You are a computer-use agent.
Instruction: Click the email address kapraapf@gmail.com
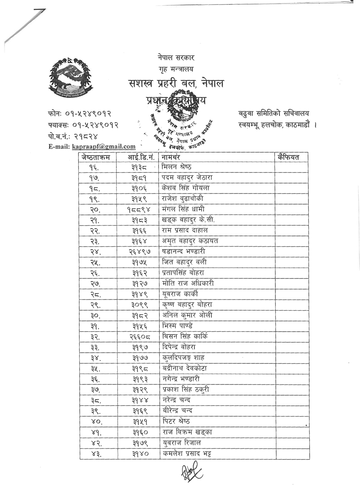[104, 146]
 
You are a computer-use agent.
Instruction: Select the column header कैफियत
[289, 157]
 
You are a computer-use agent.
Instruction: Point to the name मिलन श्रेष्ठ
[177, 167]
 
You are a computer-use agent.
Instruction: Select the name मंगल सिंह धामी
[183, 209]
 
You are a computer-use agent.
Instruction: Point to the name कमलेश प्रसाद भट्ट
[188, 454]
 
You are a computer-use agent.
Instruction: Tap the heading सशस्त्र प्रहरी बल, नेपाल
[176, 84]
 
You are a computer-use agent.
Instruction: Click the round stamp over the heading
[178, 120]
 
